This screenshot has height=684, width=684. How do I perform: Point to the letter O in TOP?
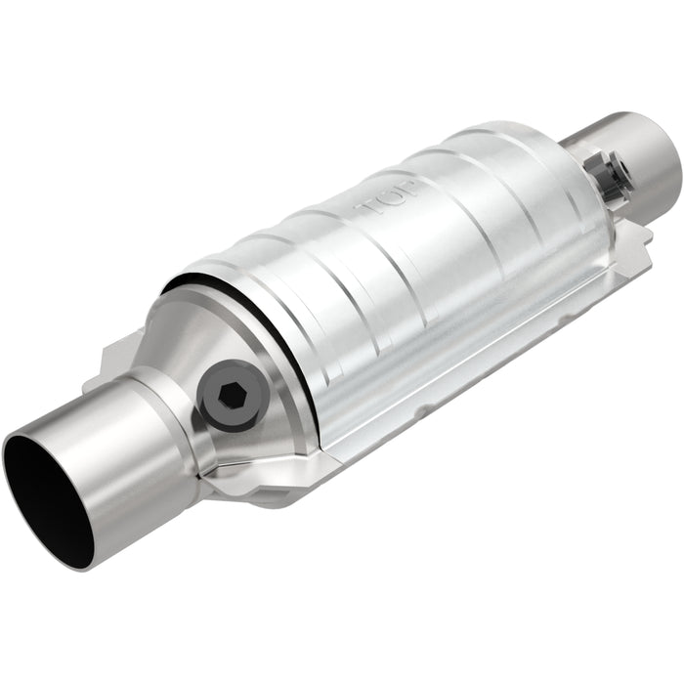pos(391,198)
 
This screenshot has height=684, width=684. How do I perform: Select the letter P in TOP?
pos(409,189)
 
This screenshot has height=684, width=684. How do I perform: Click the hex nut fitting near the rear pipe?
pos(611,176)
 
